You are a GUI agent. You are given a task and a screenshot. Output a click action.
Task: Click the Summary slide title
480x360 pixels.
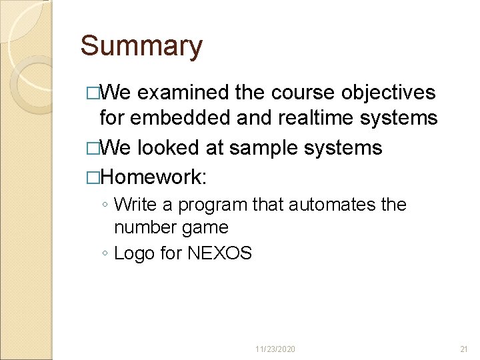pyautogui.click(x=141, y=47)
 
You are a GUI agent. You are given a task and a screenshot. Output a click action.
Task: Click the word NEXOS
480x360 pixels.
pyautogui.click(x=219, y=253)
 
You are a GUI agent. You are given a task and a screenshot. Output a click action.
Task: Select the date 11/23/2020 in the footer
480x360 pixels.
pyautogui.click(x=275, y=349)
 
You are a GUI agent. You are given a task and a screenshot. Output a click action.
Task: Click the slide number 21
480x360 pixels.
pyautogui.click(x=464, y=349)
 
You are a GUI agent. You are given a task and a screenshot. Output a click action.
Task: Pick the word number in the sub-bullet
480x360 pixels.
pyautogui.click(x=142, y=227)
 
